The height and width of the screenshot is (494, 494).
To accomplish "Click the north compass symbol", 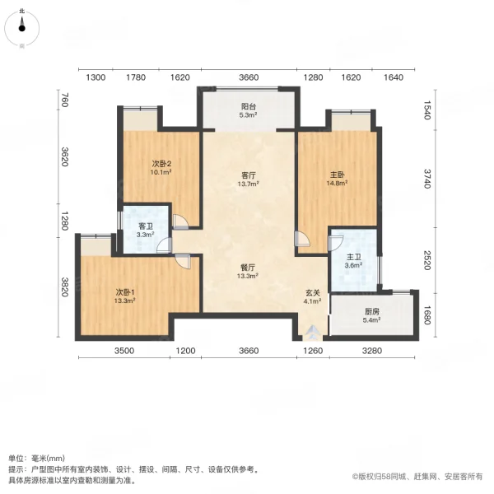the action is (x=21, y=28).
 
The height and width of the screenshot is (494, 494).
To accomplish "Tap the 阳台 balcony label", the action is (x=249, y=106).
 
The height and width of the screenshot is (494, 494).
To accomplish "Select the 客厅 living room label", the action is (x=249, y=175).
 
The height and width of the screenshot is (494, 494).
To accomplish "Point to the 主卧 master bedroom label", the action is (x=337, y=175).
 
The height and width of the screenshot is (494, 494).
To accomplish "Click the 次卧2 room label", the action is (x=161, y=164).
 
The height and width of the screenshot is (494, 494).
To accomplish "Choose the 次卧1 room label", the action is (x=125, y=292).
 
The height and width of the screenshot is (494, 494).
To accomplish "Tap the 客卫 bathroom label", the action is (x=146, y=226).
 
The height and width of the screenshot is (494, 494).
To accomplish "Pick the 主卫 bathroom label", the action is (x=353, y=257).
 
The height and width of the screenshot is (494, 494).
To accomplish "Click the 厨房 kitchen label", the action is (x=372, y=311).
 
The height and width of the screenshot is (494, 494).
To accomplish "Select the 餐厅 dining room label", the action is (x=248, y=268).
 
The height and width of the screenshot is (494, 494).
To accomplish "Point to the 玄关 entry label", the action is (x=313, y=292).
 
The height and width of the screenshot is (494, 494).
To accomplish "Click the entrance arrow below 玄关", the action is (x=312, y=332).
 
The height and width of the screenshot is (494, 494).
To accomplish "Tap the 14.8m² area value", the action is (x=337, y=183).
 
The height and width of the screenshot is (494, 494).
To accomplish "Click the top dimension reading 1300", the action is (x=96, y=77).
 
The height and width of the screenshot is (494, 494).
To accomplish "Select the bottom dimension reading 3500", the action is (x=124, y=351).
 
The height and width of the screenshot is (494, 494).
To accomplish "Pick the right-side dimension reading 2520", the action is (x=426, y=260).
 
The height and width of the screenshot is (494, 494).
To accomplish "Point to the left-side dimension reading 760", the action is (x=64, y=100).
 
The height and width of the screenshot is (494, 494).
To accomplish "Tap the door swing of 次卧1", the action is (x=183, y=261).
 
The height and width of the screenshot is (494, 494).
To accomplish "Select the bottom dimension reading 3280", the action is (x=372, y=351).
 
